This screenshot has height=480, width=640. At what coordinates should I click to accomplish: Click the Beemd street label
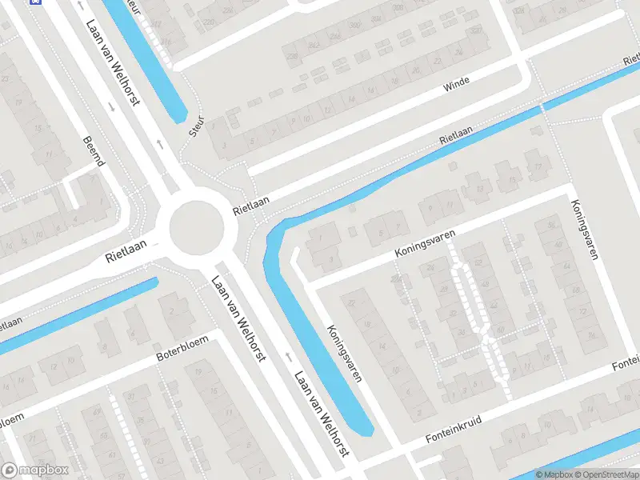click(94, 151)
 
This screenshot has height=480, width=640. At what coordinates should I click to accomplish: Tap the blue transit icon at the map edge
click(34, 2)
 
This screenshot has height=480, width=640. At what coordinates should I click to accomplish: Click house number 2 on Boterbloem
click(171, 310)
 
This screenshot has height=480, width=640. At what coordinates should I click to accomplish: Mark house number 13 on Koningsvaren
click(479, 190)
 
